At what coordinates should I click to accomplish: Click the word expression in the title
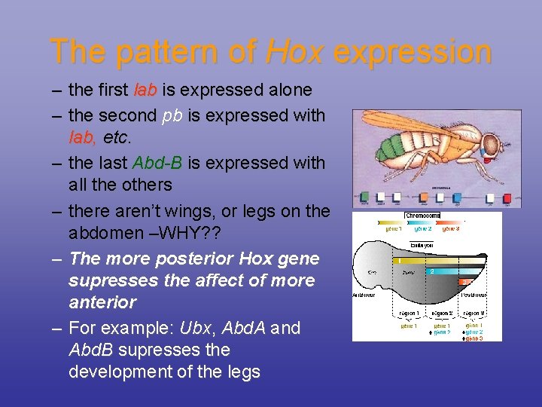(413, 52)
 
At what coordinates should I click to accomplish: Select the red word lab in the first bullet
(145, 90)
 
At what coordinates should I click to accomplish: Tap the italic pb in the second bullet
(170, 116)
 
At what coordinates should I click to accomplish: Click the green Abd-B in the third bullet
(157, 163)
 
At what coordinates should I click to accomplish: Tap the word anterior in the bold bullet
(102, 302)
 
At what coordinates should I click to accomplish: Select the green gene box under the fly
(365, 198)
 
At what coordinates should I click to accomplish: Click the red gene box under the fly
(507, 199)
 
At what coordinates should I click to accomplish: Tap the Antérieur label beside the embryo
(368, 295)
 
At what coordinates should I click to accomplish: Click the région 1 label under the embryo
(411, 313)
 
